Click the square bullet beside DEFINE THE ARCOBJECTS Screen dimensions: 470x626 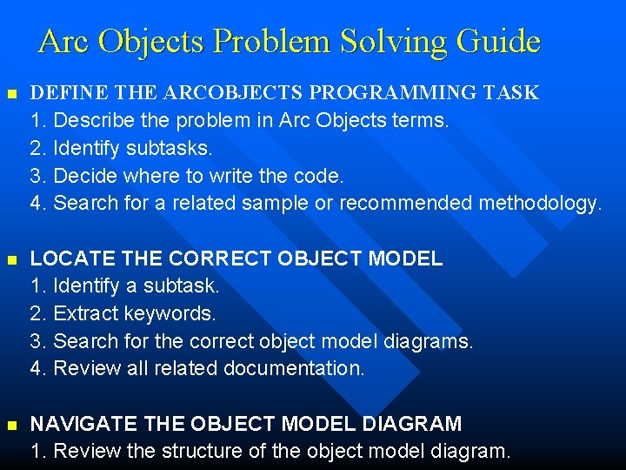10,93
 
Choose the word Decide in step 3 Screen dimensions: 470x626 86,176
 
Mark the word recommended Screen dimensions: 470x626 406,204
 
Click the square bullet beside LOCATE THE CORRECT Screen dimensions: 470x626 10,259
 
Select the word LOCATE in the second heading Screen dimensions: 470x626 63,258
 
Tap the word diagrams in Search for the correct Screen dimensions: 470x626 431,341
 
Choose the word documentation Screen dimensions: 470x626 294,369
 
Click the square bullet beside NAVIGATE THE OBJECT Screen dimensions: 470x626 10,425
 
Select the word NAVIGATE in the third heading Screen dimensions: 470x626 73,424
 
